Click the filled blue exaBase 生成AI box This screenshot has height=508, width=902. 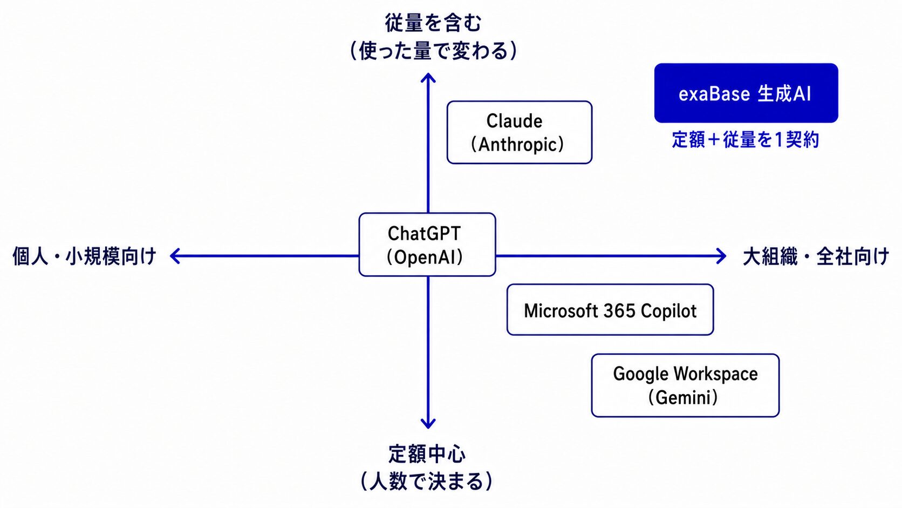[746, 93]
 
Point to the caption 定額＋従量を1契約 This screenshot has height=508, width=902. [746, 140]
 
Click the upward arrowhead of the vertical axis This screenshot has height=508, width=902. [428, 77]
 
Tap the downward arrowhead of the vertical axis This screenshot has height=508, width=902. [428, 424]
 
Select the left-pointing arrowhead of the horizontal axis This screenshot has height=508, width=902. [174, 256]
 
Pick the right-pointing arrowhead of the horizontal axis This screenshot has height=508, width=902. [721, 256]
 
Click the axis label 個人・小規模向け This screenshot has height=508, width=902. [84, 256]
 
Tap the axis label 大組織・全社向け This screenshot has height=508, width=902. [816, 256]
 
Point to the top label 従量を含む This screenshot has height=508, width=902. [433, 23]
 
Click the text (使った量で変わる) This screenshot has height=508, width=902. [433, 51]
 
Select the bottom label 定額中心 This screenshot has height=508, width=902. [427, 454]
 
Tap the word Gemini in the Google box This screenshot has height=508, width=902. [683, 398]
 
